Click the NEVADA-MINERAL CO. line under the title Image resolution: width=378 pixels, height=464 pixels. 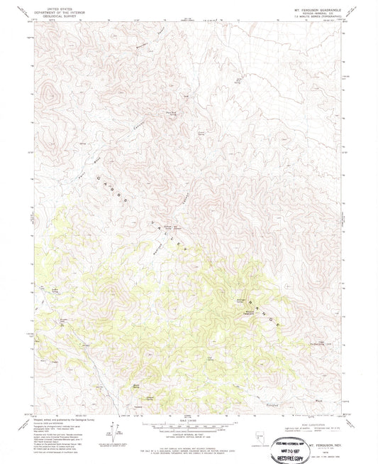tap(317, 9)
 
